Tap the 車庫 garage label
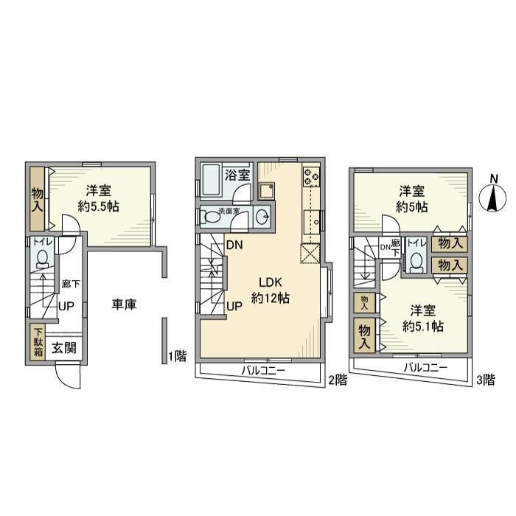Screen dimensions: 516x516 125,303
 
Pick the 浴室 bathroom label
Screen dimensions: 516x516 237,175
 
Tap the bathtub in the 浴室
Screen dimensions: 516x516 210,179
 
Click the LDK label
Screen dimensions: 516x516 270,282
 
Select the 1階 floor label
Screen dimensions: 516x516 177,356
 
